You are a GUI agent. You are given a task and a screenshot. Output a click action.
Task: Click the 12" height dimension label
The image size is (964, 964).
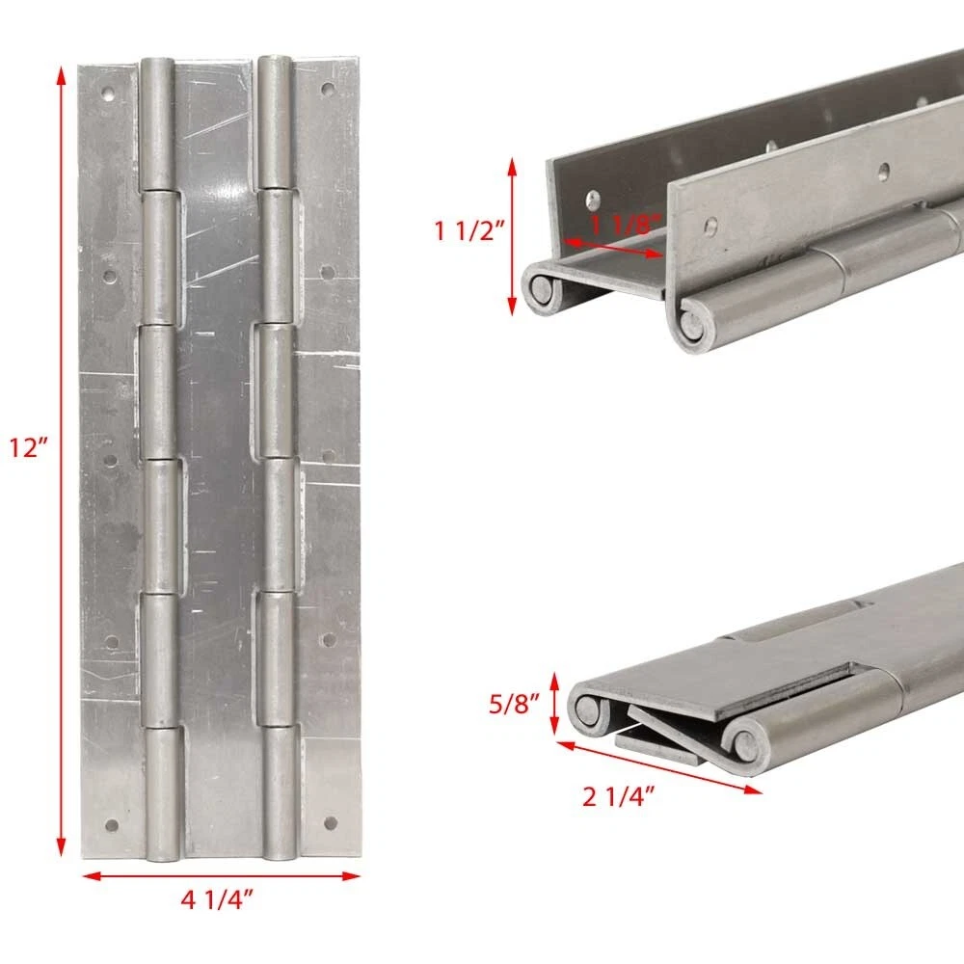(28, 447)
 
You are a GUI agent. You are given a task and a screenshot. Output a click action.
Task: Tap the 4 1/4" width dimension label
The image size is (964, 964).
(217, 900)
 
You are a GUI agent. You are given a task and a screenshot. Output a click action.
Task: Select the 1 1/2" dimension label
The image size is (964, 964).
(469, 231)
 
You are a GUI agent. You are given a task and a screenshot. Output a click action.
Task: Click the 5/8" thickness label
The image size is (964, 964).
(514, 704)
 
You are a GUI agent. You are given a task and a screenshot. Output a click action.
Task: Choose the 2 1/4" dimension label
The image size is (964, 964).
(619, 797)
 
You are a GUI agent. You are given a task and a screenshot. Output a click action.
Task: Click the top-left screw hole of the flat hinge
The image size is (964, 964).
(110, 94)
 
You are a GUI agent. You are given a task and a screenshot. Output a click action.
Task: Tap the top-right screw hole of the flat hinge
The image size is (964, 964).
(328, 89)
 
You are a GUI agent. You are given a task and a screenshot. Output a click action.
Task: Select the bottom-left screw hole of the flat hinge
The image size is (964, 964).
(112, 825)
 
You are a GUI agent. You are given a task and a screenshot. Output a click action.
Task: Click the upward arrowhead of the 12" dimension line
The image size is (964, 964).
(60, 75)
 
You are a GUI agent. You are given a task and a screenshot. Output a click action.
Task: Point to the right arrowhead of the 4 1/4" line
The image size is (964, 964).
(351, 876)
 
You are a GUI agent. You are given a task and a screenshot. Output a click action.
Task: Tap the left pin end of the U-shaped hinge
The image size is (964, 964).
(541, 289)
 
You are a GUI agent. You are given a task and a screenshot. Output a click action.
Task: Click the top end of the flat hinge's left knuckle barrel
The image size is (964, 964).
(157, 62)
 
